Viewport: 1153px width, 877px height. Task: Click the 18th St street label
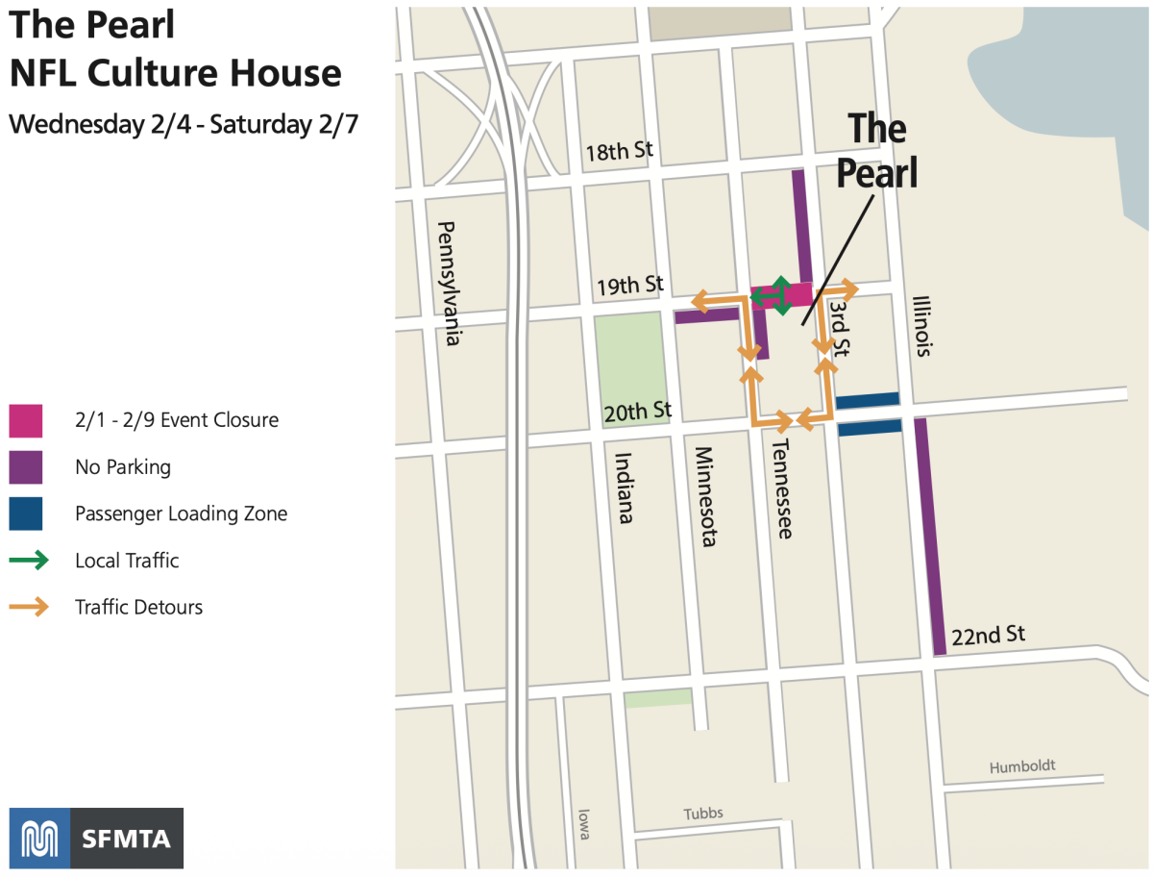pos(620,151)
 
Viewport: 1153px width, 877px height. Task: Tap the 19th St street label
pos(630,286)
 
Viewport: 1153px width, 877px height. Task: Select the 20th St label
pos(637,412)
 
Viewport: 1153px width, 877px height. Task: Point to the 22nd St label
pos(988,635)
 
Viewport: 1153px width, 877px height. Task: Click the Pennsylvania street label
pos(447,283)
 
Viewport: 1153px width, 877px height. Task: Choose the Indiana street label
pos(624,488)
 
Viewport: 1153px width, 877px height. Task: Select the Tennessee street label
pos(782,489)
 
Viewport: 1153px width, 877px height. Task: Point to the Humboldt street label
pos(1022,766)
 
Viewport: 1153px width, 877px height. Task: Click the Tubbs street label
pos(703,814)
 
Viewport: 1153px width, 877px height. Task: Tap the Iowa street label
pos(583,824)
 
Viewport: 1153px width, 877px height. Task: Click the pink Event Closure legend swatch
pos(26,420)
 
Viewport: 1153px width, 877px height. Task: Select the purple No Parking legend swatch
pos(26,467)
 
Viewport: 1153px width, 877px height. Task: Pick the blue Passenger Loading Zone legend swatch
pos(26,514)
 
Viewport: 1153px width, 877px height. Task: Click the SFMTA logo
pos(96,839)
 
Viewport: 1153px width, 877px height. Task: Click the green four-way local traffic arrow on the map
pos(780,296)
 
